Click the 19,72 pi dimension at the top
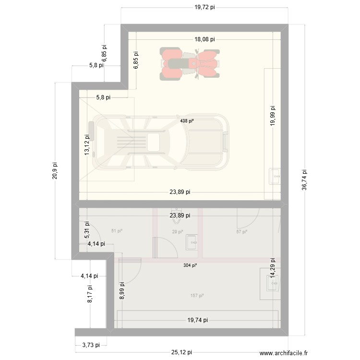click(x=204, y=8)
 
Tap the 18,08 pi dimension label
click(x=204, y=40)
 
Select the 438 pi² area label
click(x=187, y=121)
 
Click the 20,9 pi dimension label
click(x=55, y=170)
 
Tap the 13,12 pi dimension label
click(x=87, y=144)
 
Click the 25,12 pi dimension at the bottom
click(x=181, y=352)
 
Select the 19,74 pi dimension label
click(x=198, y=320)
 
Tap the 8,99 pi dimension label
click(x=121, y=290)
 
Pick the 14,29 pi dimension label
click(x=273, y=269)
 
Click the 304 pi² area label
click(x=190, y=264)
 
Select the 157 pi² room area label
click(x=197, y=295)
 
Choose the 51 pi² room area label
click(x=117, y=231)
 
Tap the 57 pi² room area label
click(x=241, y=232)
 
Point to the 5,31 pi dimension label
click(x=87, y=230)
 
